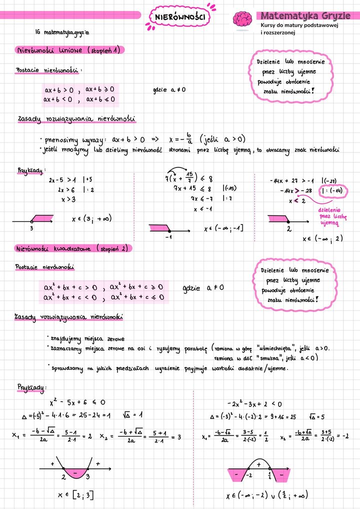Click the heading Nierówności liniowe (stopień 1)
69,50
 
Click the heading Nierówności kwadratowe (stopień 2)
73,248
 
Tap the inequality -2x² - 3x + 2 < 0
254,403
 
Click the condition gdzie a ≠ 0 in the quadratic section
203,288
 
